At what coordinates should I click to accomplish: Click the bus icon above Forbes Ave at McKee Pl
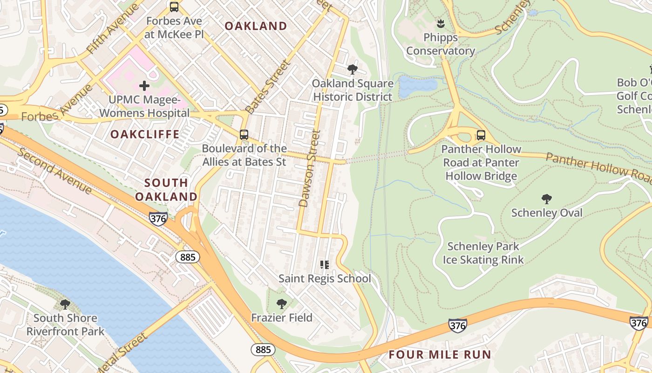(x=174, y=7)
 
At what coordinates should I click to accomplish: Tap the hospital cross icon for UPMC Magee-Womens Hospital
(x=144, y=86)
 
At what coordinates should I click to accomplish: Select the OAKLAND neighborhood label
(x=256, y=26)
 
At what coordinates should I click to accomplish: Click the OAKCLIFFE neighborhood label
(x=145, y=134)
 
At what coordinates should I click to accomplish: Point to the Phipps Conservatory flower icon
(x=440, y=23)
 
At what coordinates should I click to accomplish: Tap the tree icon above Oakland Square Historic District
(x=353, y=70)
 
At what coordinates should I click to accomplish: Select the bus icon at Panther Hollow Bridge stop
(x=481, y=136)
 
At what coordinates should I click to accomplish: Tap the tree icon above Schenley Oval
(x=547, y=199)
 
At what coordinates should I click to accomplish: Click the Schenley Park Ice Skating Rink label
(x=483, y=253)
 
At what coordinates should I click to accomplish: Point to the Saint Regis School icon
(x=325, y=265)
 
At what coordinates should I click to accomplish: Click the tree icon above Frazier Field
(x=281, y=304)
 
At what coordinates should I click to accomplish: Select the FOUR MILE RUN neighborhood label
(x=440, y=354)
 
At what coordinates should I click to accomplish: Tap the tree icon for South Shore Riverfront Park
(x=65, y=304)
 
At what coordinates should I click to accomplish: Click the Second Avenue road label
(x=54, y=171)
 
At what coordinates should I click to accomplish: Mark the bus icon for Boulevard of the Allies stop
(x=244, y=135)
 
